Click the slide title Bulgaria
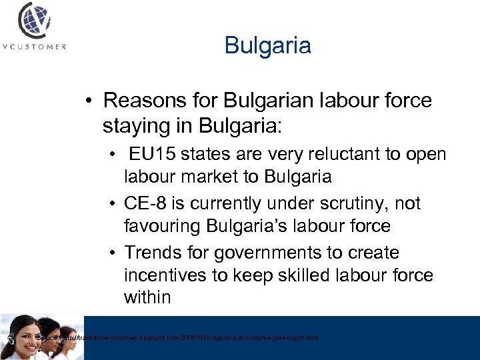click(267, 46)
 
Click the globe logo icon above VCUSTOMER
click(34, 22)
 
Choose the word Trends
click(152, 253)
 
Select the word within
click(147, 297)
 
